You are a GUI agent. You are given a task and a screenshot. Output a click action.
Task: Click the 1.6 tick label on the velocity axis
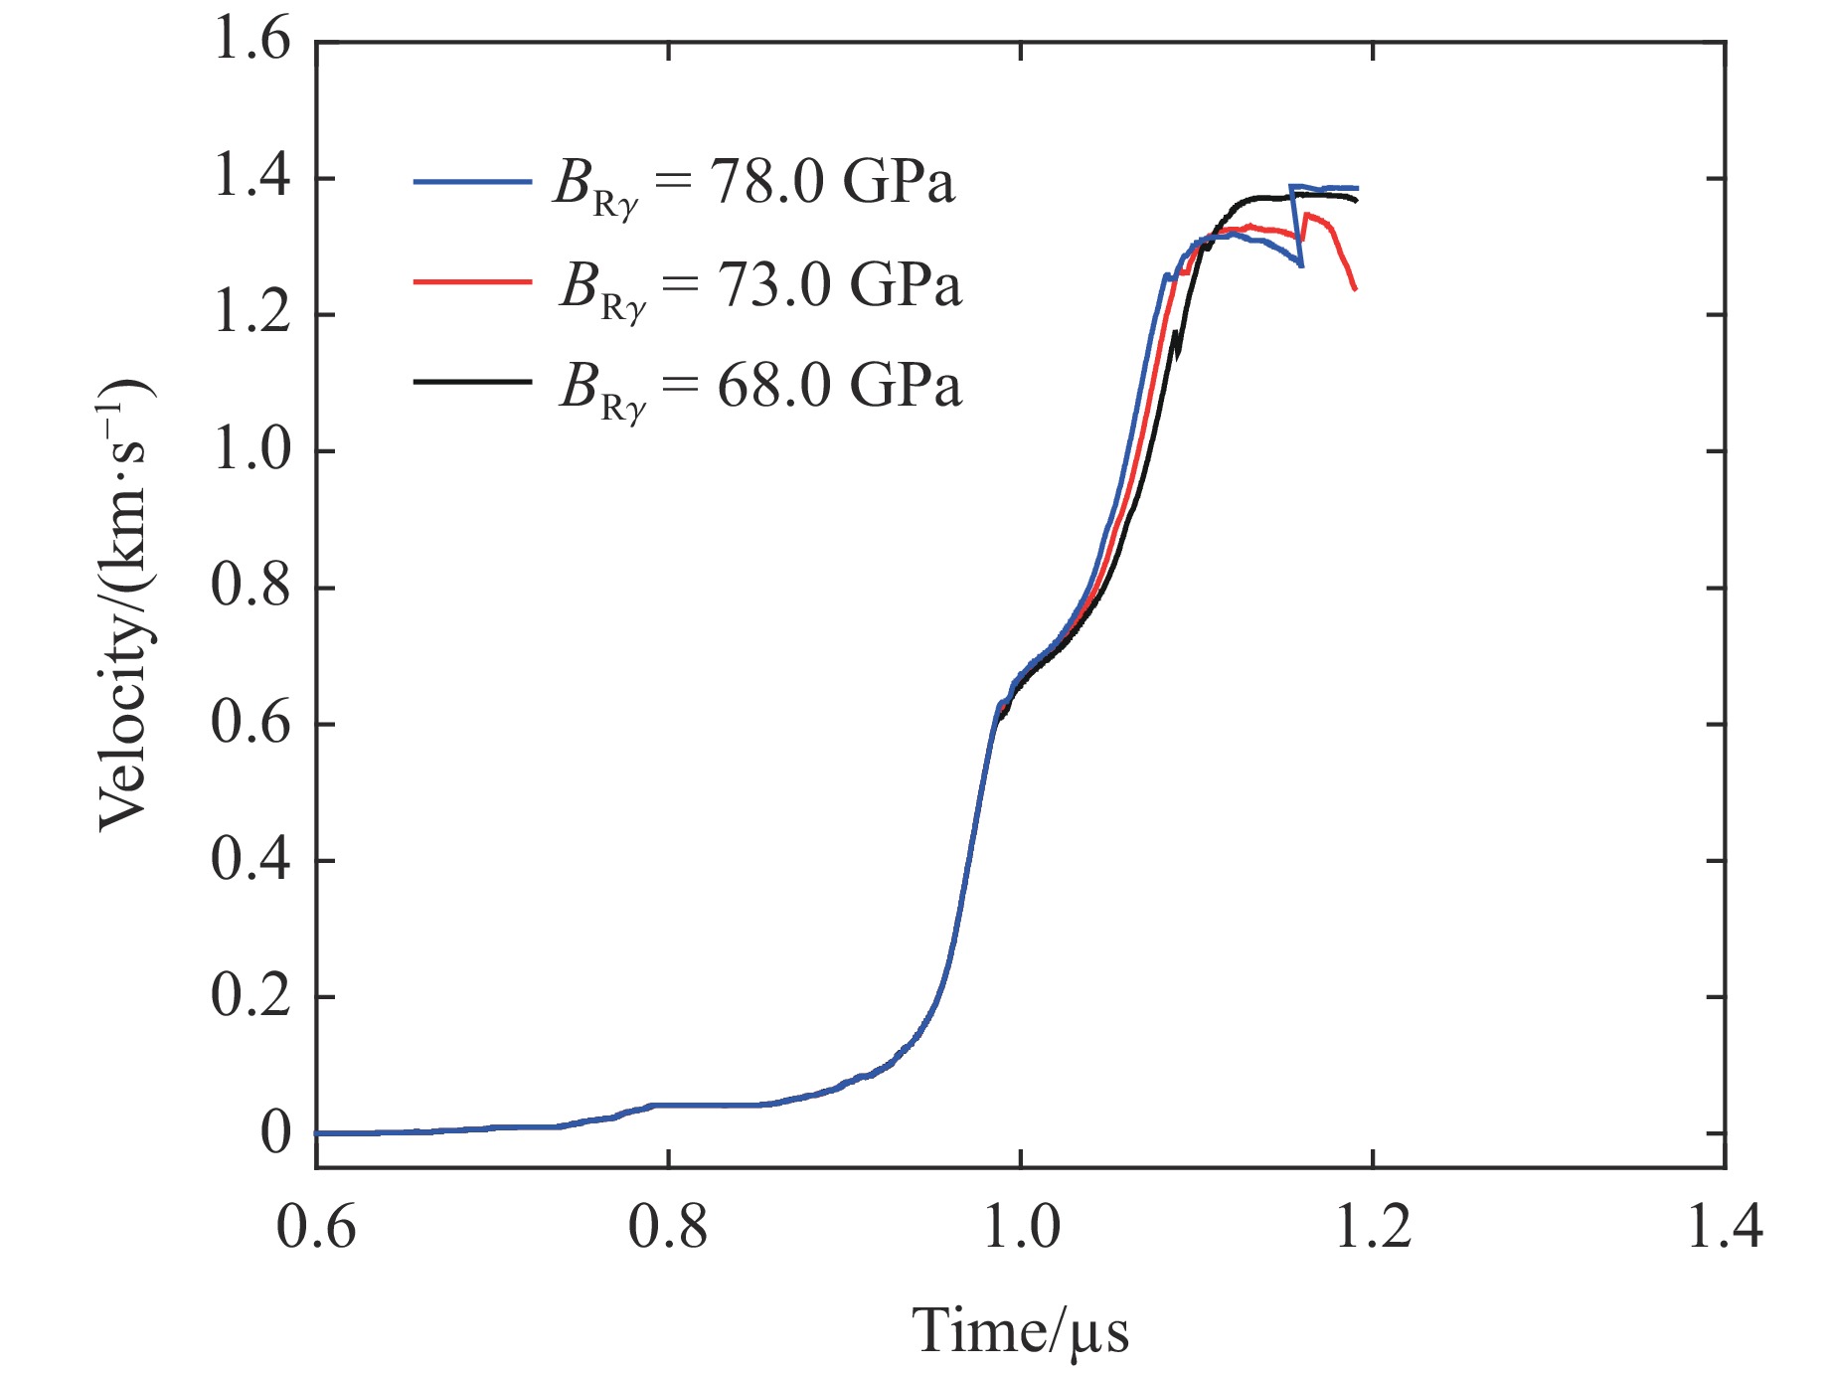(x=251, y=43)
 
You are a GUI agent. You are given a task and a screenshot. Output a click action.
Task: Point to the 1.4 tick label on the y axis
(x=251, y=179)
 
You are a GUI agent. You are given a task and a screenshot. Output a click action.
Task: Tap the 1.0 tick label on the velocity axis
(x=251, y=451)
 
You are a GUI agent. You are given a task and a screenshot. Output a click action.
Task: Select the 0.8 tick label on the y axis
(x=251, y=588)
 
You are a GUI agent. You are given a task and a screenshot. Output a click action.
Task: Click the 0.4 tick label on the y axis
(x=251, y=860)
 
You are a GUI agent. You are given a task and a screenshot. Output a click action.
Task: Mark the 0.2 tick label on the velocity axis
(x=251, y=996)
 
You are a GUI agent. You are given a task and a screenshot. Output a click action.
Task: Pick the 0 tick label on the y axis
(x=275, y=1132)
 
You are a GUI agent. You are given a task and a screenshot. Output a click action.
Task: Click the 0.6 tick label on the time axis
(x=316, y=1227)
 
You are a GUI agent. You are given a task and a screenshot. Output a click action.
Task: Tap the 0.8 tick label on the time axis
(x=668, y=1227)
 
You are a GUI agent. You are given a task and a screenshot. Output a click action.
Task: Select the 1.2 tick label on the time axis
(x=1373, y=1227)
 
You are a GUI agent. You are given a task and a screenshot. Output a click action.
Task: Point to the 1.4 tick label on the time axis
(x=1725, y=1227)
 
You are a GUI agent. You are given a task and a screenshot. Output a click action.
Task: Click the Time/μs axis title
(x=1021, y=1330)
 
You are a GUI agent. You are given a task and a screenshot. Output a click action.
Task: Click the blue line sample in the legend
(x=472, y=182)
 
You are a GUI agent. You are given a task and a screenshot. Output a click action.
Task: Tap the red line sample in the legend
(x=472, y=282)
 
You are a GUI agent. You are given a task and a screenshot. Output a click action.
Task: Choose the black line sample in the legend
(x=472, y=381)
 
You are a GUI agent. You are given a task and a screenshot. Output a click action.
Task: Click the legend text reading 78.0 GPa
(x=831, y=183)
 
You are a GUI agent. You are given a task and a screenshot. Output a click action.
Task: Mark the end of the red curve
(x=1355, y=289)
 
